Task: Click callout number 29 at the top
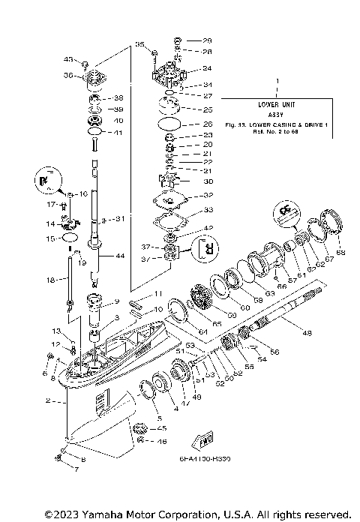point(208,40)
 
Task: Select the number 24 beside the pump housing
point(207,68)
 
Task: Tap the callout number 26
point(208,123)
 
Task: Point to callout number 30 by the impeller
point(208,181)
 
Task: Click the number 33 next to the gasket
point(208,210)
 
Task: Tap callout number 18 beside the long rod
point(51,280)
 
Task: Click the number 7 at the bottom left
point(75,468)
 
